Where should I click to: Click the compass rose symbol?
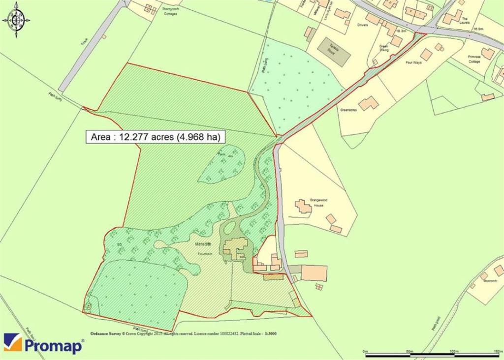coord(16,20)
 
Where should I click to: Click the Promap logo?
coord(43,344)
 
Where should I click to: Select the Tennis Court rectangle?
coord(334,52)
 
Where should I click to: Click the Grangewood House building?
coord(303,207)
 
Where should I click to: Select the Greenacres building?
coord(368,103)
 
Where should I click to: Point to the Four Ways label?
coord(413,63)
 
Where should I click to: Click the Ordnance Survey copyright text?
coord(183,333)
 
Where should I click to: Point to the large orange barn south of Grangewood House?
coord(314,272)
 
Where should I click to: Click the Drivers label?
coord(363,24)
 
